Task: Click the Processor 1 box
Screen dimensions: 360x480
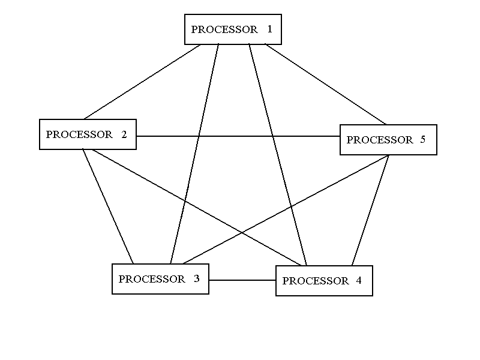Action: [x=233, y=29]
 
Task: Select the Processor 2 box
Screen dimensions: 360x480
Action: [x=88, y=134]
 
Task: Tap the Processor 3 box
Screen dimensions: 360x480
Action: [x=160, y=279]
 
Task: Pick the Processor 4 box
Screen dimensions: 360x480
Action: [x=324, y=281]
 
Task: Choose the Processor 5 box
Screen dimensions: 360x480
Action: [x=388, y=140]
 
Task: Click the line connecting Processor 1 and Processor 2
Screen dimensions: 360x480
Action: [x=142, y=82]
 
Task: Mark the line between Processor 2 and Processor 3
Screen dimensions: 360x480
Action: [x=108, y=206]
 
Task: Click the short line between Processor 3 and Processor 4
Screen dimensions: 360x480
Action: [x=242, y=280]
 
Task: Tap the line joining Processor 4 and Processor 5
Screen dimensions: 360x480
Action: [x=370, y=210]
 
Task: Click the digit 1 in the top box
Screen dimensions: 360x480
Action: [x=270, y=29]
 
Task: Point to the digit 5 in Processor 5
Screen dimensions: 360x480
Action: [x=422, y=140]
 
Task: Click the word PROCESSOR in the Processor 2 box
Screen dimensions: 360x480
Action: [x=79, y=134]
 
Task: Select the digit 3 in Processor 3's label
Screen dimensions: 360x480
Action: [x=196, y=279]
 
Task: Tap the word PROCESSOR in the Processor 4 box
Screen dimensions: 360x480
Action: [x=316, y=281]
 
